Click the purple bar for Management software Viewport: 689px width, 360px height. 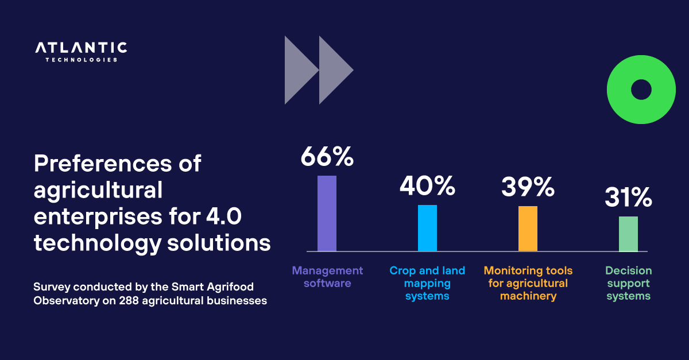click(327, 214)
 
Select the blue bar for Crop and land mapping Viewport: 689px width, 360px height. click(427, 228)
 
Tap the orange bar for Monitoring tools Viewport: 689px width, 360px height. click(528, 229)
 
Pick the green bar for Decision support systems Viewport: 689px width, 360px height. click(628, 234)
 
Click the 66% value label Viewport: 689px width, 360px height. click(327, 157)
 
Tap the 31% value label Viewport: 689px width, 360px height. click(628, 198)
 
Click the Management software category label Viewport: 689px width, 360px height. click(327, 277)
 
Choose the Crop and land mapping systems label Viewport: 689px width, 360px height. click(427, 283)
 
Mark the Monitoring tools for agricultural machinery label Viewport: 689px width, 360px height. click(528, 283)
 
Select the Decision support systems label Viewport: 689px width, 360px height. click(629, 283)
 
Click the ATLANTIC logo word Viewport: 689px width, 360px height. click(81, 48)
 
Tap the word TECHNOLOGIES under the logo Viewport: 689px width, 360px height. click(81, 60)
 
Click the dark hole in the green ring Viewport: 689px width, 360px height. click(641, 90)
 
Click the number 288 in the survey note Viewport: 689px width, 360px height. click(129, 300)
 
